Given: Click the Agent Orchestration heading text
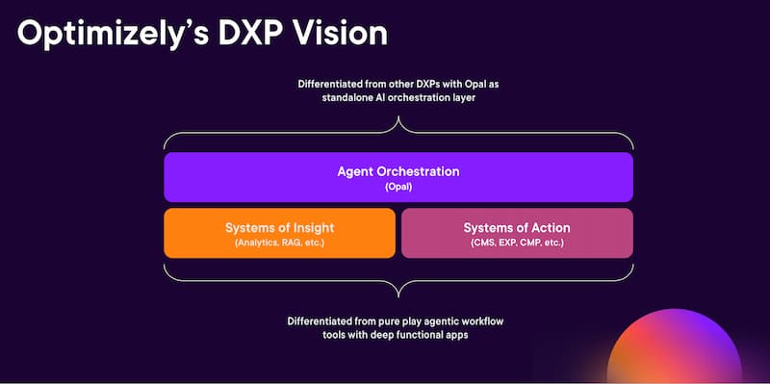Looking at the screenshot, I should tap(398, 171).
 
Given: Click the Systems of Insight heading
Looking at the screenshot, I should tap(279, 228).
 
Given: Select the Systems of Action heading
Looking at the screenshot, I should tap(517, 228).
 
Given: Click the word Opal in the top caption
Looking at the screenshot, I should tap(470, 85).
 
